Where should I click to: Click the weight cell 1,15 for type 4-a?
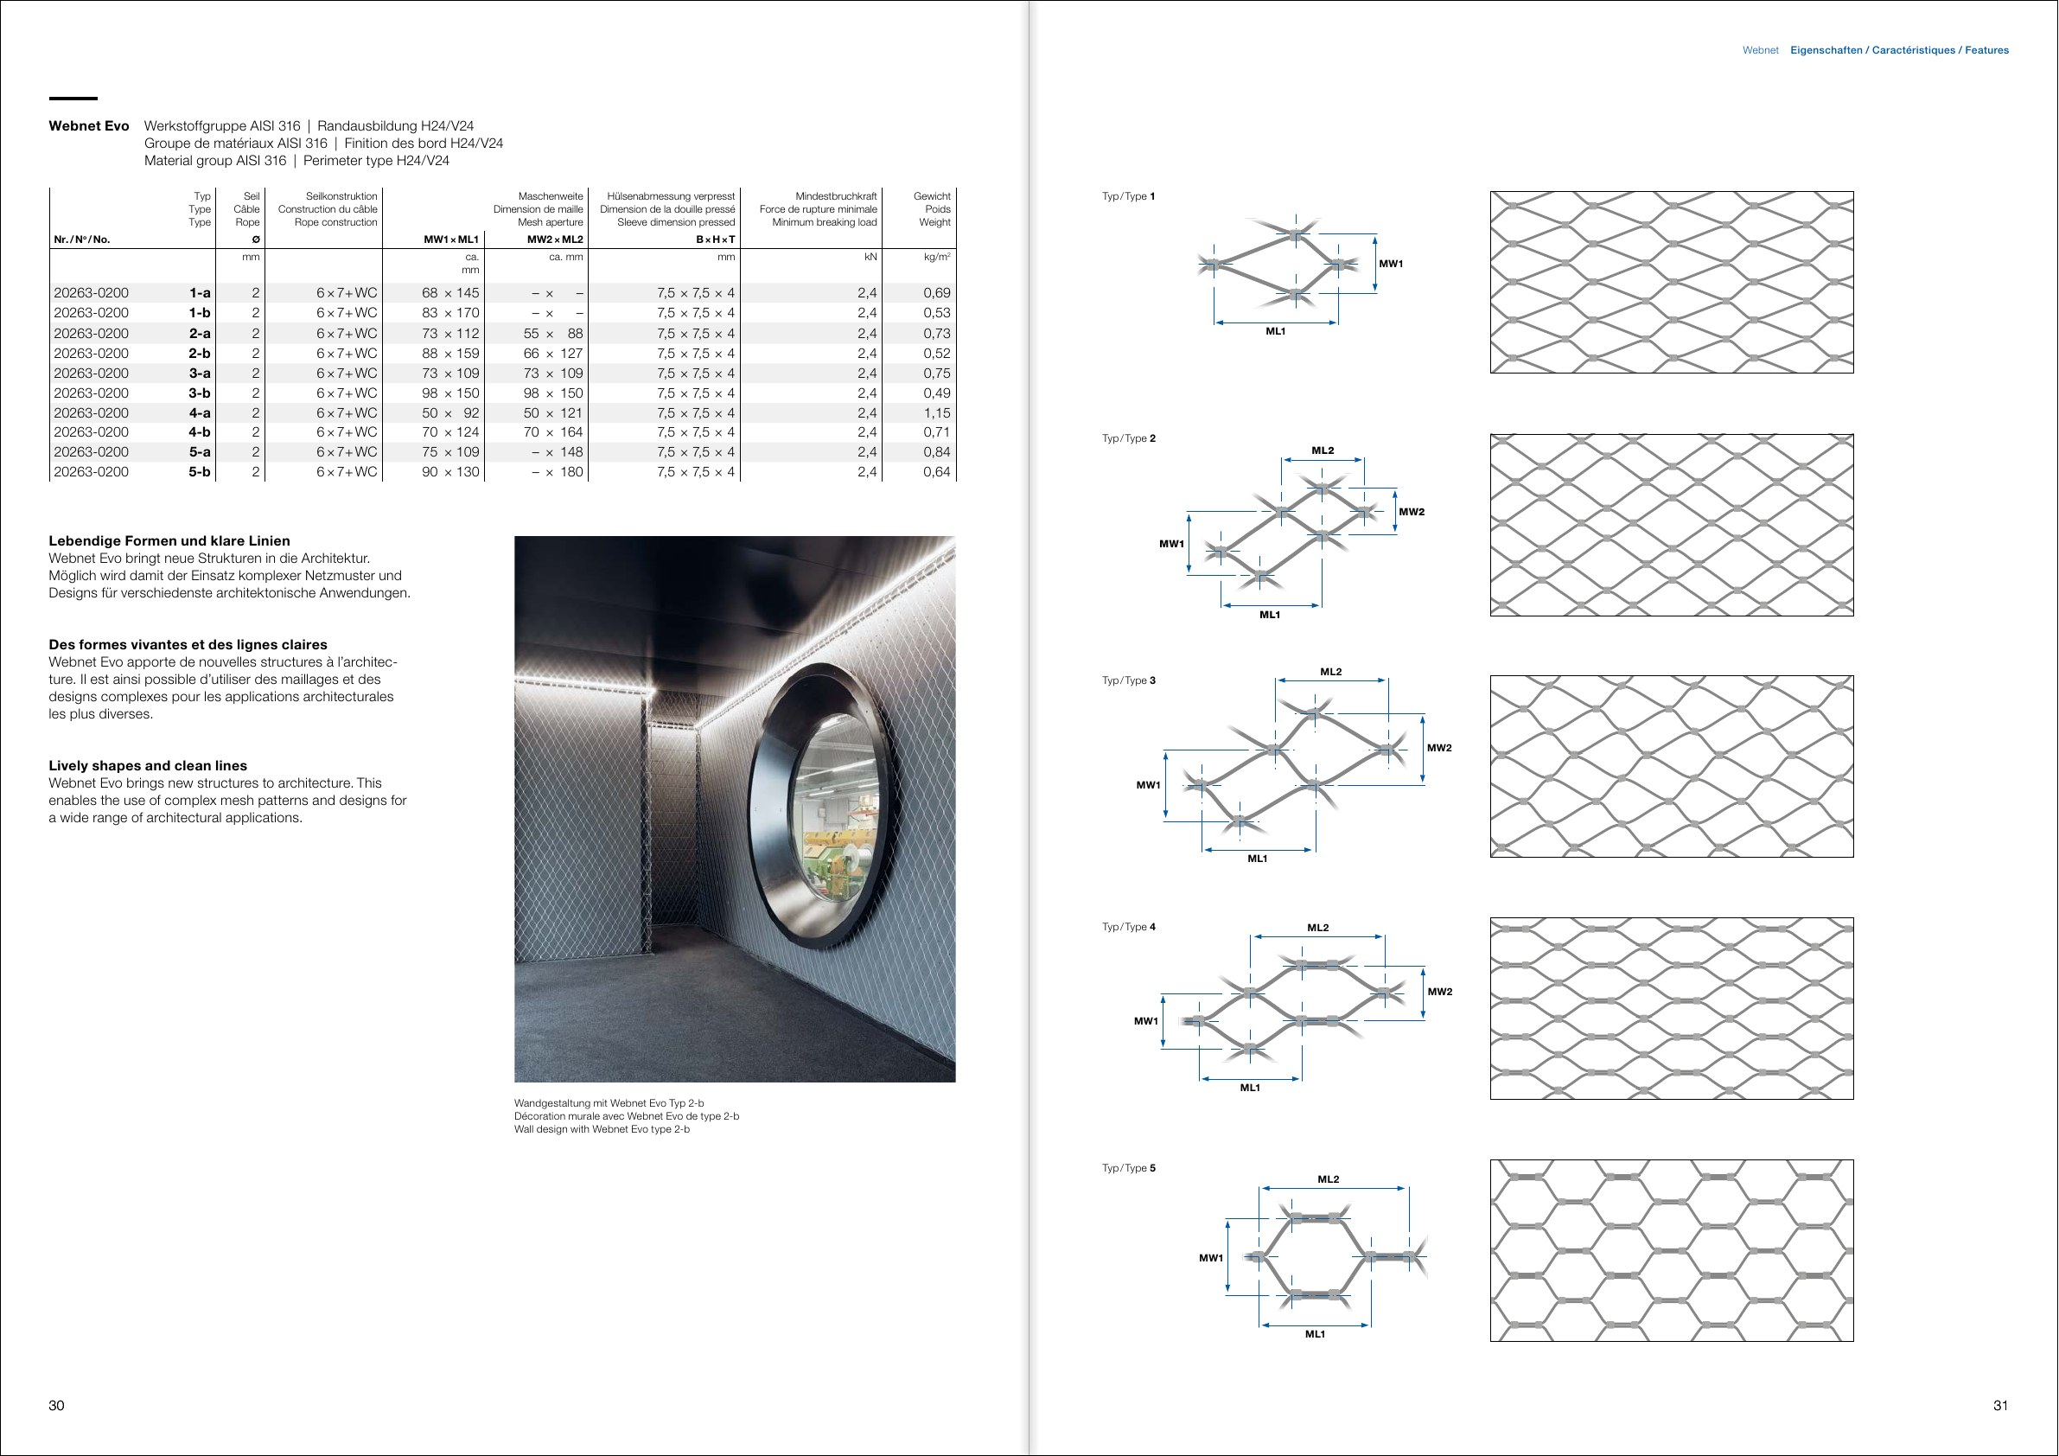936,412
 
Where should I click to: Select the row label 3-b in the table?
199,393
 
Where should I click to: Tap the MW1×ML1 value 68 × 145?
450,292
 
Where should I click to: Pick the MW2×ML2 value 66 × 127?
552,354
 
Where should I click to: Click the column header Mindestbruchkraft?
836,196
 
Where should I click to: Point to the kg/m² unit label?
937,258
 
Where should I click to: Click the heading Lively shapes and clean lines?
148,765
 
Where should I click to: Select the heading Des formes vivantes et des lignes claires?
188,644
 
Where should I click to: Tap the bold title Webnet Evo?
89,125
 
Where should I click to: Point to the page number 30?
56,1405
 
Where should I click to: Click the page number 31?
2001,1405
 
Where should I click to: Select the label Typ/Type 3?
1129,680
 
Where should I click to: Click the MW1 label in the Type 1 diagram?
1391,264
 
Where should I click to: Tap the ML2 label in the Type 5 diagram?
1328,1178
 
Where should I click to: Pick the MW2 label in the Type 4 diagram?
1439,992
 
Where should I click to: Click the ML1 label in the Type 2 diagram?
1270,615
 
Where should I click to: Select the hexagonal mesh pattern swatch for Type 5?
1672,1250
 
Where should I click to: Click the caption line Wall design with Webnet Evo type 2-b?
602,1129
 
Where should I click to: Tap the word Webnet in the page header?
1761,50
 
